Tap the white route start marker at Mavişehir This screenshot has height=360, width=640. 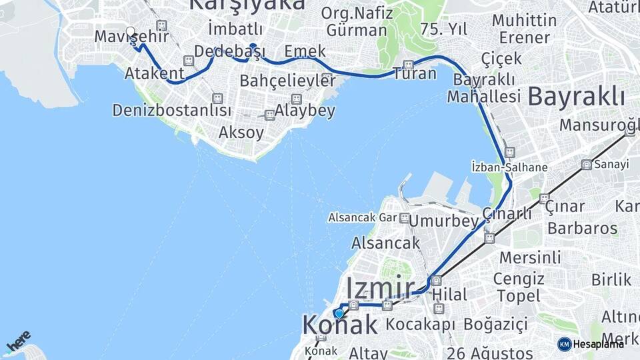point(131,31)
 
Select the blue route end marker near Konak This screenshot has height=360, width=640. point(339,313)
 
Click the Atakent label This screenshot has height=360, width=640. point(155,72)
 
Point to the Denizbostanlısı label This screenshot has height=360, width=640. point(172,110)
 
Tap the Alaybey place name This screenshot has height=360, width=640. point(305,111)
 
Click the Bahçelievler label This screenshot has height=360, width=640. point(287,81)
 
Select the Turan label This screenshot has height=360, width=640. point(415,73)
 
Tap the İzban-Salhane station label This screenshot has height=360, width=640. point(509,167)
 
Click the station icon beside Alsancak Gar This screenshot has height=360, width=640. point(405,218)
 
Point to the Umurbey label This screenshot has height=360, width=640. point(444,221)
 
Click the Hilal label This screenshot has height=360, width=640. point(449,294)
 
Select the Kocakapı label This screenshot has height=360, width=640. point(421,325)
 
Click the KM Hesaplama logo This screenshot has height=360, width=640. point(591,344)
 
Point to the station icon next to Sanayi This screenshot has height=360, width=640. point(586,165)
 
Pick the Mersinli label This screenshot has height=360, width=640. point(531,257)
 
